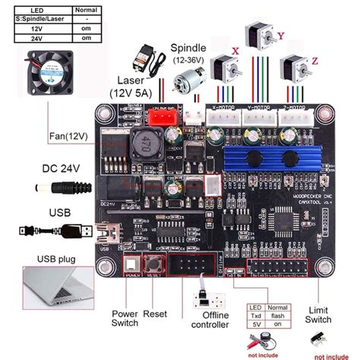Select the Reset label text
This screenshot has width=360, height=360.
(156, 313)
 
